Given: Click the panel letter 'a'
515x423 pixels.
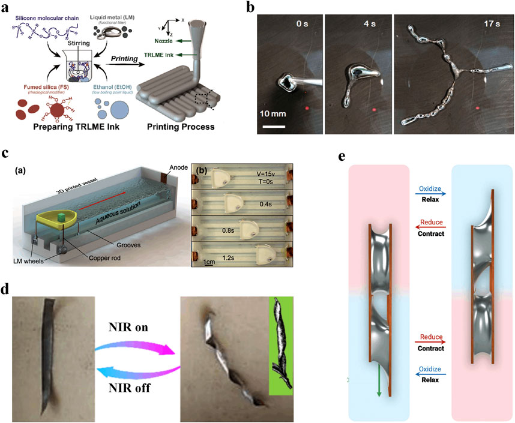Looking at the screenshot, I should click(6, 7).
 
